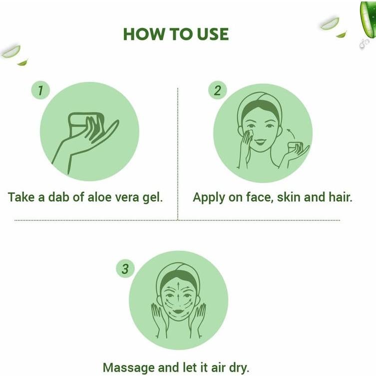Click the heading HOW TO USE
[x=176, y=34]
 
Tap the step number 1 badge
[x=40, y=90]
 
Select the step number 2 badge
[x=217, y=90]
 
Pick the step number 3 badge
[x=125, y=269]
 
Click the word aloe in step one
[x=103, y=197]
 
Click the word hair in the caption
[x=340, y=197]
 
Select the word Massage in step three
[x=129, y=368]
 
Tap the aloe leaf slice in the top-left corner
[x=10, y=51]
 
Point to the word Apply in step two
[x=209, y=197]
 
